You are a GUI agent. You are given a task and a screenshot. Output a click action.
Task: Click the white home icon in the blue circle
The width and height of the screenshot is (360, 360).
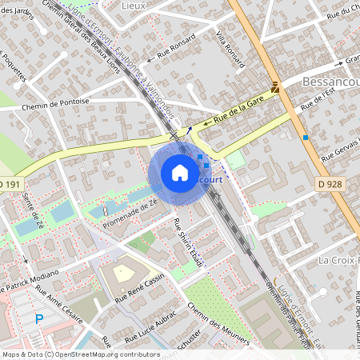tap(180, 173)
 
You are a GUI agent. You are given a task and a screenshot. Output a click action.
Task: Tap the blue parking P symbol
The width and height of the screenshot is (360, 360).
tap(39, 319)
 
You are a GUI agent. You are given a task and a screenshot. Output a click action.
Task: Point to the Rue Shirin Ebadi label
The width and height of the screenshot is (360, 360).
tap(186, 238)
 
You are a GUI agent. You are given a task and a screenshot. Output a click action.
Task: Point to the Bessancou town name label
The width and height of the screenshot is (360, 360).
tap(330, 82)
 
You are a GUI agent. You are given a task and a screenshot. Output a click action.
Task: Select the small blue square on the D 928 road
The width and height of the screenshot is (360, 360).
tap(306, 138)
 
